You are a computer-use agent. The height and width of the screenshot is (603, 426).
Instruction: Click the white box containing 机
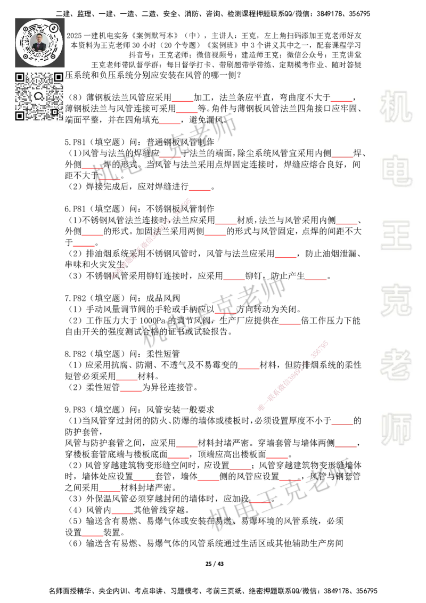[396, 107]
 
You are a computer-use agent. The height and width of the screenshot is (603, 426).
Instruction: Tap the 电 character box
[398, 170]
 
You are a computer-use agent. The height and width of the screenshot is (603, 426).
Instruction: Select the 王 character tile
[396, 236]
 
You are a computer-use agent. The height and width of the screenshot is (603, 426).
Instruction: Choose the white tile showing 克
[396, 300]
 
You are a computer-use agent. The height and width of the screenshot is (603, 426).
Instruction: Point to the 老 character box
[396, 364]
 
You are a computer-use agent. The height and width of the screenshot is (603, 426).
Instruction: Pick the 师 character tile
[396, 430]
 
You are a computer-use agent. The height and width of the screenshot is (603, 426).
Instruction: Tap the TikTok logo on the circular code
[54, 27]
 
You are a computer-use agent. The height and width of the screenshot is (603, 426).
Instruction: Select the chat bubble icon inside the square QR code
[38, 96]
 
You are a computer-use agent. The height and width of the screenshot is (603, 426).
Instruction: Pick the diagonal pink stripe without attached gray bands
[151, 239]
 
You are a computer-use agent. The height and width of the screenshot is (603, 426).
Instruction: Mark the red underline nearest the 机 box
[341, 100]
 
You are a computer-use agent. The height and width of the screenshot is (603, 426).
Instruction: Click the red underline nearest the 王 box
[347, 224]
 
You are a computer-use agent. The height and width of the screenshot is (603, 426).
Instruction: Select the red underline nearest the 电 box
[342, 156]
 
